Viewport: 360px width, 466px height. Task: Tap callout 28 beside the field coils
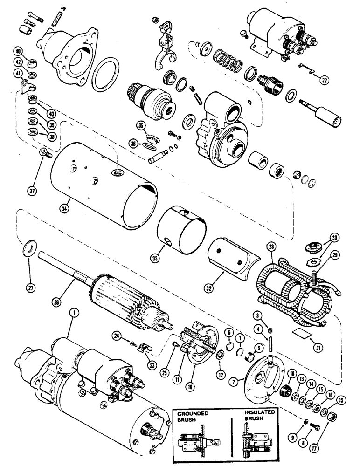pos(269,246)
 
